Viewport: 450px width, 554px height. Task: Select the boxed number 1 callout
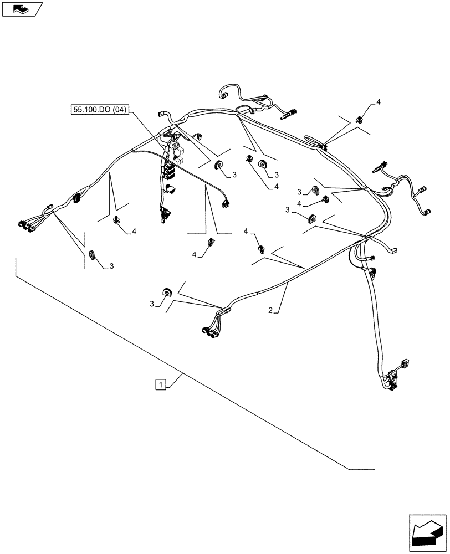(x=160, y=384)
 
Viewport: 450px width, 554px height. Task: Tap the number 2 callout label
(x=270, y=311)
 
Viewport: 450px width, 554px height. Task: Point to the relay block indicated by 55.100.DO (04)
(x=176, y=155)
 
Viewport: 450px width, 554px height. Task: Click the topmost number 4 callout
(x=378, y=102)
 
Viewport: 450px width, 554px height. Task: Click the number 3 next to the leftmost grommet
(x=111, y=266)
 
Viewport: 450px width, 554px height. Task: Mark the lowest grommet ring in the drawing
(x=165, y=292)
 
